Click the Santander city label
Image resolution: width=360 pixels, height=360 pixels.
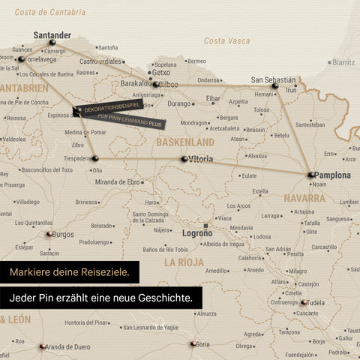point(52,34)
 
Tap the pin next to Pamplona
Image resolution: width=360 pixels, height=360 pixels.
point(310,175)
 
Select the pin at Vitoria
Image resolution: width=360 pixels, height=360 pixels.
point(184,159)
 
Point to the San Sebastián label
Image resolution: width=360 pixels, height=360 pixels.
point(273,79)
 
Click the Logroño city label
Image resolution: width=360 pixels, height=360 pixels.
point(198,233)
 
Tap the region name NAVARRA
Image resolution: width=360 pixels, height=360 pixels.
point(304,198)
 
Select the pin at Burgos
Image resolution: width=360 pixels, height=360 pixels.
point(49,234)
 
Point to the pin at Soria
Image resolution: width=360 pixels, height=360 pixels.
point(193,344)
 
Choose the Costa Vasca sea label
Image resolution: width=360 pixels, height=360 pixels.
point(227,40)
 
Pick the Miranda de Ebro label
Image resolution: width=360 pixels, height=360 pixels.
point(118,181)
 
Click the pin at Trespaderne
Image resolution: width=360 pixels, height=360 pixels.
point(95,158)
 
